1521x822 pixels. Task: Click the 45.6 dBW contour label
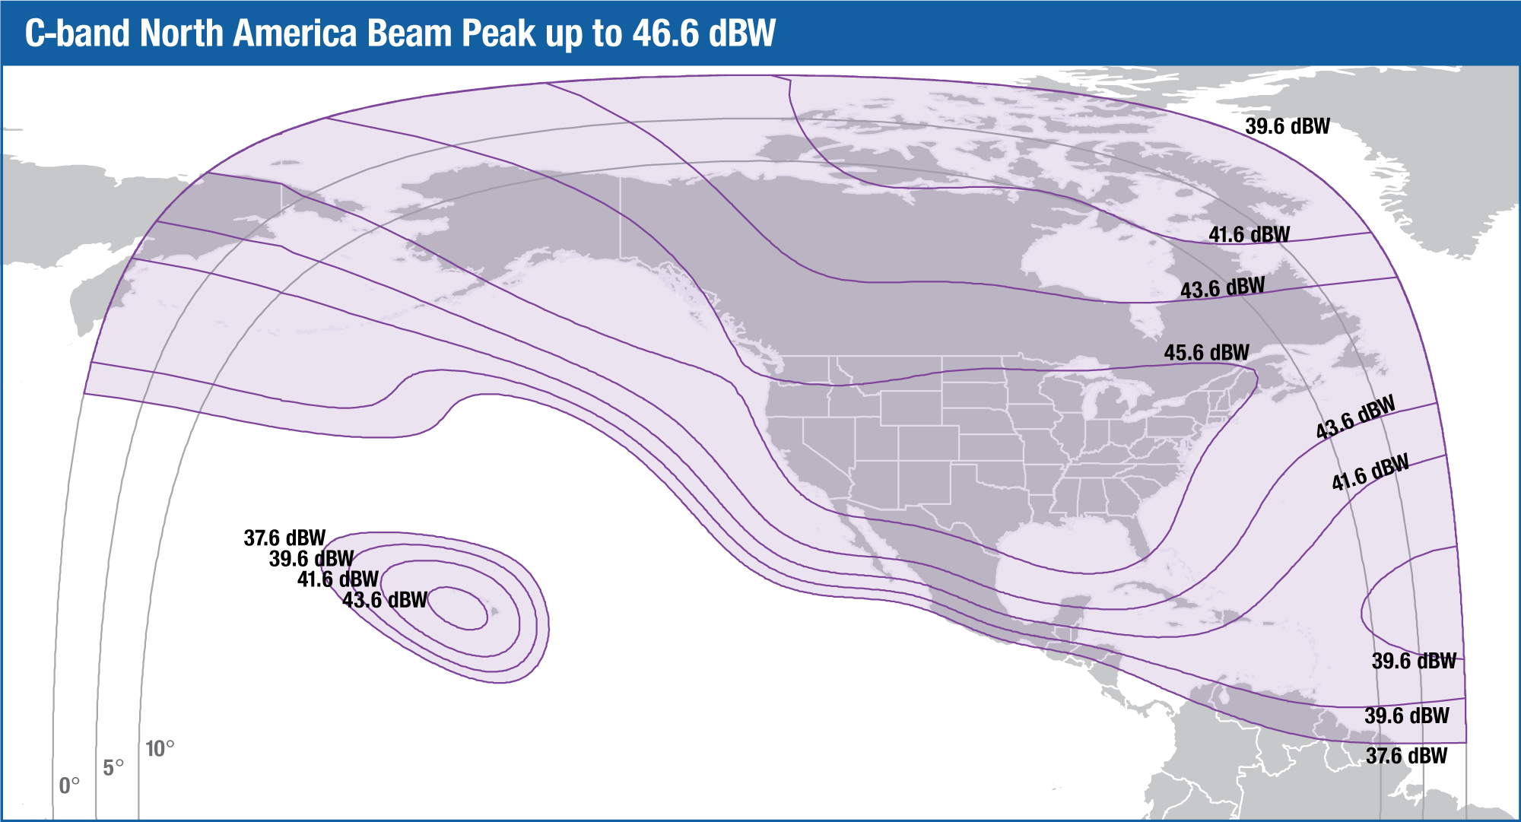(1206, 353)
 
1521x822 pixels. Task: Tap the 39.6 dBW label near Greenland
(1287, 126)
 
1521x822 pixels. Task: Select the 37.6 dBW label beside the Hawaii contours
(284, 538)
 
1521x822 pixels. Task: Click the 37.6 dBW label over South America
(1406, 756)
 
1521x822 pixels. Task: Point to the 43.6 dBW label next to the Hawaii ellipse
(385, 600)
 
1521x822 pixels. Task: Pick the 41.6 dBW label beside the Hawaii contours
(338, 579)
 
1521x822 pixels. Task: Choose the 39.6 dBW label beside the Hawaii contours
(311, 559)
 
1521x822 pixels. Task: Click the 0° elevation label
(69, 786)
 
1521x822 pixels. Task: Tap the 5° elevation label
(113, 768)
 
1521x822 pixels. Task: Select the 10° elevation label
(160, 749)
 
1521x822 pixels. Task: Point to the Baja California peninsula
(859, 532)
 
